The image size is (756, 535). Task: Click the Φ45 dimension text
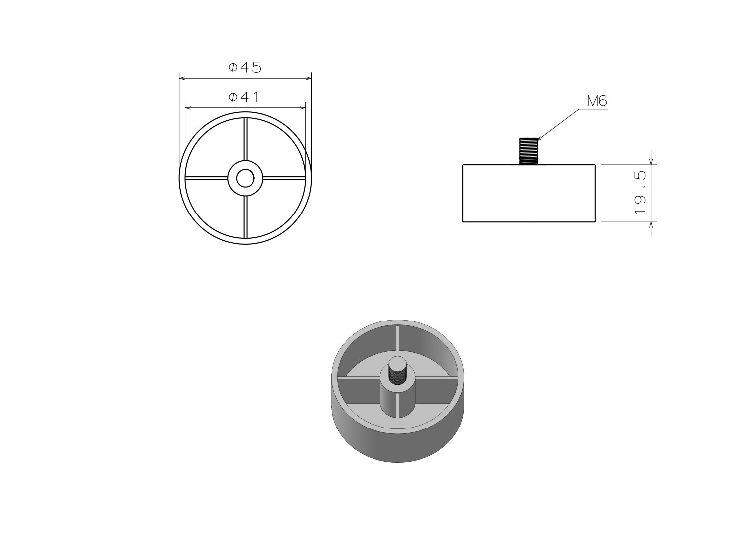pyautogui.click(x=245, y=68)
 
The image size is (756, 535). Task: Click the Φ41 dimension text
pyautogui.click(x=244, y=97)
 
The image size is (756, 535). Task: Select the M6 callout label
pyautogui.click(x=597, y=101)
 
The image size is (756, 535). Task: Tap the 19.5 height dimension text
pyautogui.click(x=640, y=193)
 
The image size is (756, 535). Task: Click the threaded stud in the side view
pyautogui.click(x=528, y=151)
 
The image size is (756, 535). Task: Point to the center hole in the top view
pyautogui.click(x=246, y=178)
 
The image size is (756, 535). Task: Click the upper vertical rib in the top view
pyautogui.click(x=246, y=139)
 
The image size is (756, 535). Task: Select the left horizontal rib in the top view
pyautogui.click(x=207, y=178)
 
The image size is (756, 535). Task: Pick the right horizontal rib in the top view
pyautogui.click(x=284, y=178)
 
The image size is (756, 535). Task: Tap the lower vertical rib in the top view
pyautogui.click(x=246, y=217)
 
